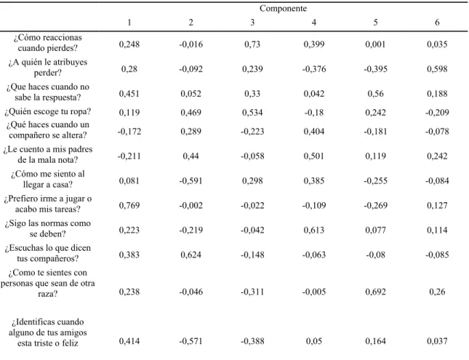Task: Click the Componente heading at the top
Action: pos(283,9)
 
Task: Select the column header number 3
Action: pos(252,23)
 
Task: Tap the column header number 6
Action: pos(437,23)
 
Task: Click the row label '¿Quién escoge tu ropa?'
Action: pos(47,111)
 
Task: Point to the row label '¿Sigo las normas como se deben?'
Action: pos(47,228)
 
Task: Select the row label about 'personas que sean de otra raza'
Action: pos(47,283)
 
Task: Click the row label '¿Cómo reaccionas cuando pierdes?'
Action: pos(47,42)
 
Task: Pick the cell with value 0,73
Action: pos(252,44)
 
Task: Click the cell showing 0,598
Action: pos(437,69)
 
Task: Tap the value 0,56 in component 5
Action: pos(375,94)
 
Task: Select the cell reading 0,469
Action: pos(191,113)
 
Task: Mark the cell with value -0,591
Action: pos(191,181)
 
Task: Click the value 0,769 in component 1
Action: pos(129,206)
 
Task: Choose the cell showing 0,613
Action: pos(314,230)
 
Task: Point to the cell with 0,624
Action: pos(191,255)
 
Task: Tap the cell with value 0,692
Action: pos(375,292)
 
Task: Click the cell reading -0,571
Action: pos(191,341)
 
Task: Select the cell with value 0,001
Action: pos(375,44)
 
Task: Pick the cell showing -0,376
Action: pos(314,69)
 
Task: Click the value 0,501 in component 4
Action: pos(314,156)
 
